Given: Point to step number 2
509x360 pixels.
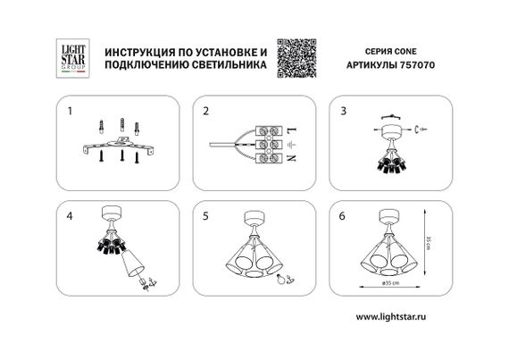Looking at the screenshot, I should coord(205,113).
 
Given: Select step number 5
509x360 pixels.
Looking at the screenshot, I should coord(205,215).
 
